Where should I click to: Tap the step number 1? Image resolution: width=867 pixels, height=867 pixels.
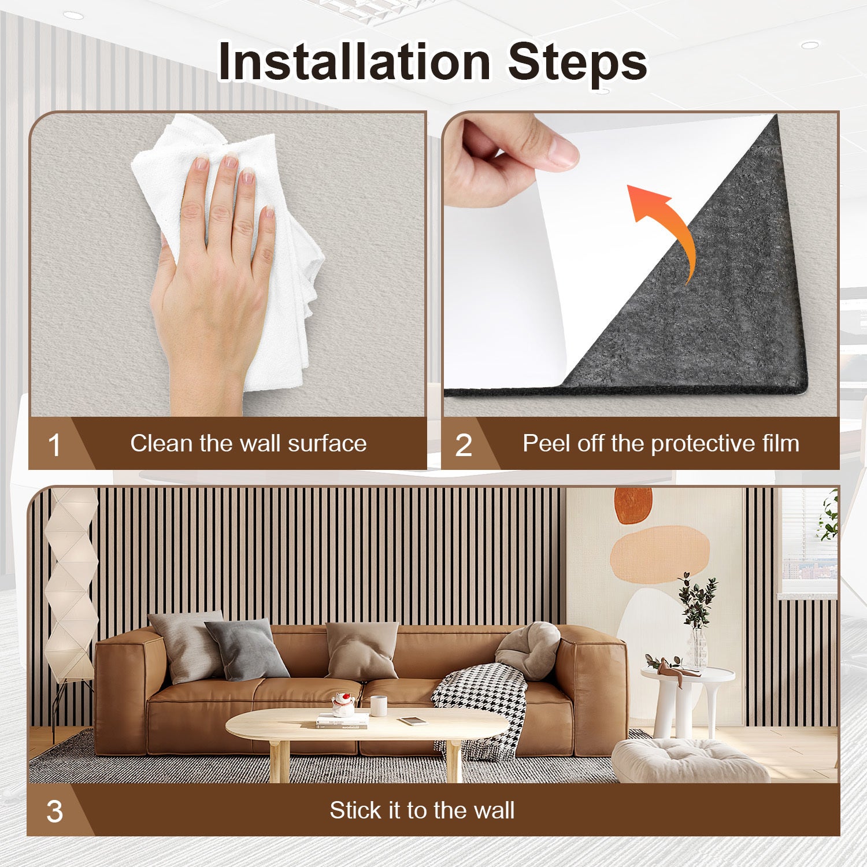[x=54, y=446]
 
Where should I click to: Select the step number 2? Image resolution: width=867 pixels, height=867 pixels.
[x=464, y=446]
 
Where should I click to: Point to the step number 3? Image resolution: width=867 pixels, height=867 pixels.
[x=54, y=812]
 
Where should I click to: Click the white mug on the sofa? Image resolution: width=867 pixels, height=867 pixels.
[x=379, y=706]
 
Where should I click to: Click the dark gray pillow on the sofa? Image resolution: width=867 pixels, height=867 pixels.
[x=247, y=649]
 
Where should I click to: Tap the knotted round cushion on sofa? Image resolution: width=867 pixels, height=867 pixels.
[x=528, y=650]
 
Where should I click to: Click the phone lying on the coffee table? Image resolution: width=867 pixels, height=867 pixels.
[x=413, y=721]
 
